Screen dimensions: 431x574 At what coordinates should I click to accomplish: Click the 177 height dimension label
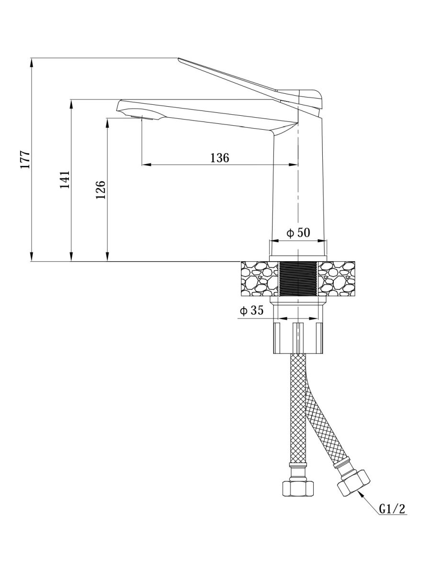click(26, 159)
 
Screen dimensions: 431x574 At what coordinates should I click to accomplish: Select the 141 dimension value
click(65, 180)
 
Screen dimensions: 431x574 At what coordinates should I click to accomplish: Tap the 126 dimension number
click(101, 190)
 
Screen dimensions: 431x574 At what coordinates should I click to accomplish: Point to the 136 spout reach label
click(220, 158)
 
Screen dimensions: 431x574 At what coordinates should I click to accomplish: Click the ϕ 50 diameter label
click(298, 232)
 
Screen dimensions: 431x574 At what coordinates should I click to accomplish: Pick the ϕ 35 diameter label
click(252, 310)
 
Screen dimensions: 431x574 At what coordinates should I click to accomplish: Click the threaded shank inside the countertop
click(298, 279)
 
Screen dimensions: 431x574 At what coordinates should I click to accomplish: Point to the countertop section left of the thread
click(260, 279)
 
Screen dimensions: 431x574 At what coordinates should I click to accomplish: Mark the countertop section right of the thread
click(336, 279)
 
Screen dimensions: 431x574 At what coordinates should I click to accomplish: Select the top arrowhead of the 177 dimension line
click(31, 62)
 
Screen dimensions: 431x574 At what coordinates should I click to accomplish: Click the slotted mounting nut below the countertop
click(298, 338)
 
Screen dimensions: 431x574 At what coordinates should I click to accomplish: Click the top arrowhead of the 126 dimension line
click(107, 123)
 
